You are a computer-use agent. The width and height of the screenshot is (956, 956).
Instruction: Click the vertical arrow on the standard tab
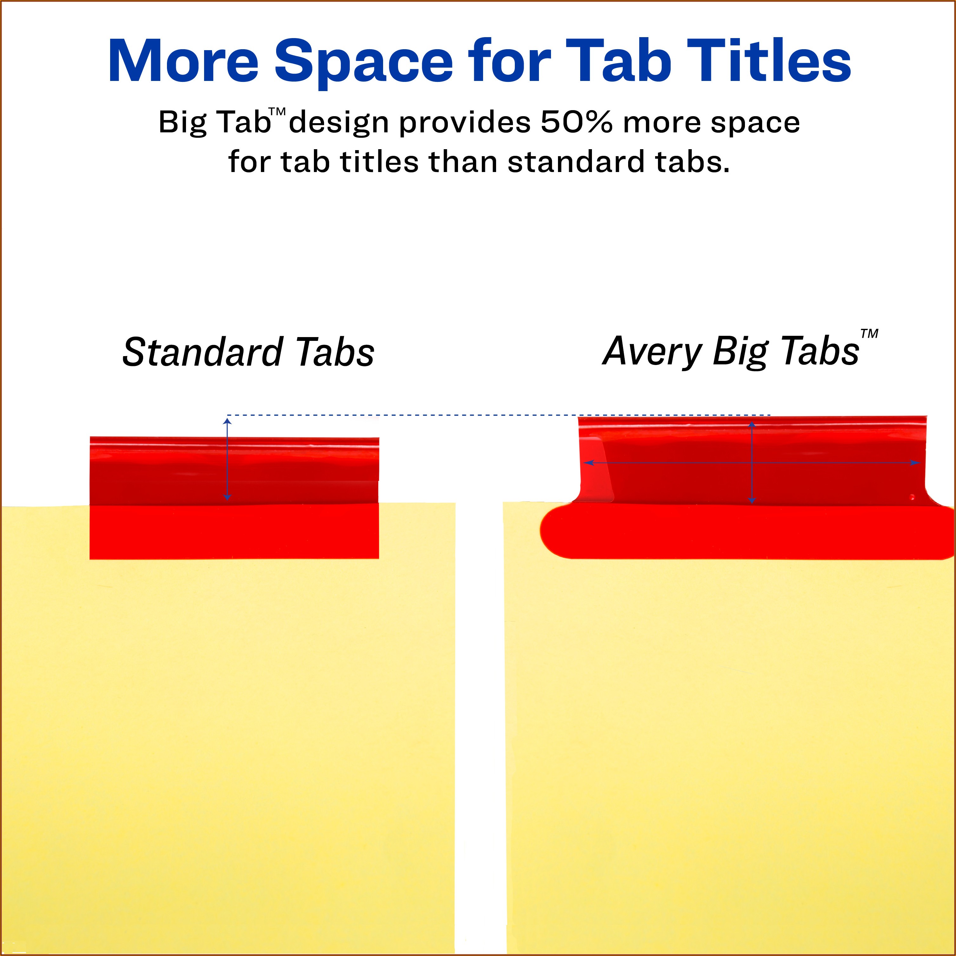pos(227,459)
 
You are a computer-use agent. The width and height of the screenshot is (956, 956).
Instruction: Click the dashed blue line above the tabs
pos(499,415)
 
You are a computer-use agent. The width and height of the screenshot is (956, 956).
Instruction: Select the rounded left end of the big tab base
pos(557,532)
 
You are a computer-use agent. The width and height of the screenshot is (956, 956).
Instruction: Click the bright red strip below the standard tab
pos(234,531)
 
